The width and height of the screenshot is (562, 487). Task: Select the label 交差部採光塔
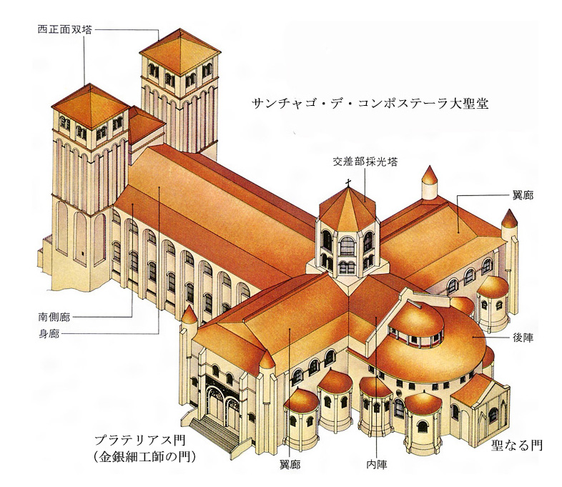point(365,162)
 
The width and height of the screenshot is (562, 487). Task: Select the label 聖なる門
point(516,446)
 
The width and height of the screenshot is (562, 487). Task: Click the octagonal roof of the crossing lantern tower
point(347,208)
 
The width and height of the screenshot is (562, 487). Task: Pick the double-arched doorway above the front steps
point(222,400)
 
